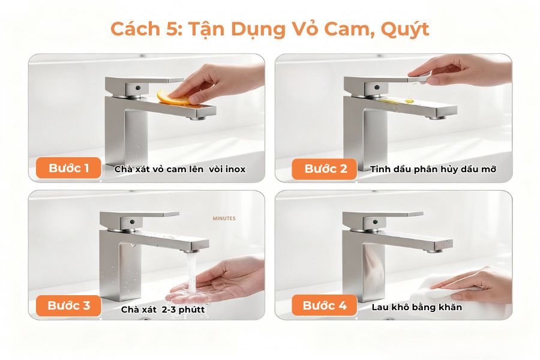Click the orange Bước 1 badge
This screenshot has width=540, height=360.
(x=69, y=169)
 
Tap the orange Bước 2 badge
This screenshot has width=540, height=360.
(x=325, y=169)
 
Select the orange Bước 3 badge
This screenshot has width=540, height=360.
(x=69, y=305)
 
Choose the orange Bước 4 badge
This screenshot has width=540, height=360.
(x=325, y=305)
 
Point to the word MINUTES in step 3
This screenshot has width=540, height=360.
(x=224, y=219)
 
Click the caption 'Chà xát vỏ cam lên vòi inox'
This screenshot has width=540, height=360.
(x=180, y=169)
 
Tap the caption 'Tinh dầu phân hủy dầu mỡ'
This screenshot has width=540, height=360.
(x=433, y=169)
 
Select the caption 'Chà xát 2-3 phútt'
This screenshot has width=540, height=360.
(x=163, y=310)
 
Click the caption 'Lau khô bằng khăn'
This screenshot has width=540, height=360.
(x=417, y=307)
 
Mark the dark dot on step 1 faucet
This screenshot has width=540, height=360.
(x=138, y=88)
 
